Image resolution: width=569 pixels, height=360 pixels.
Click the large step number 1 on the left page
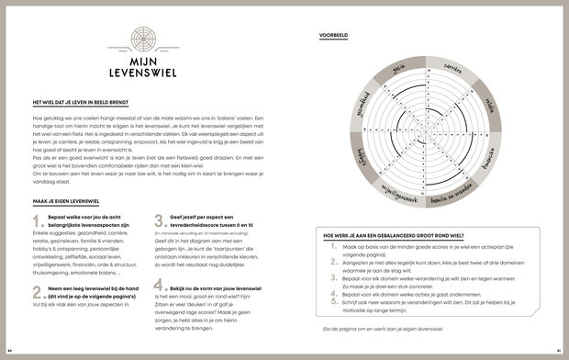tap(37, 222)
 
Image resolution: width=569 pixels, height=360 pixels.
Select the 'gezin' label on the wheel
tap(398, 68)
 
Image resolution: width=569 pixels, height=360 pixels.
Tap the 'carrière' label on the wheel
tap(450, 69)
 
